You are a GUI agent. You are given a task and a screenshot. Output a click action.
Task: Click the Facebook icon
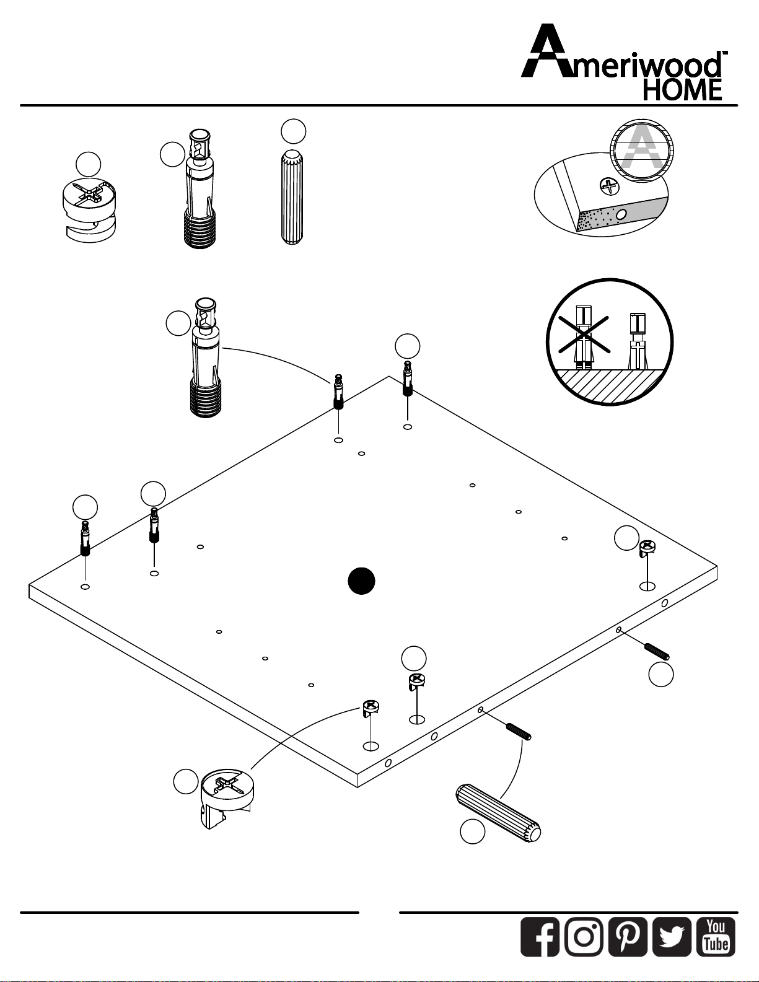[x=540, y=936]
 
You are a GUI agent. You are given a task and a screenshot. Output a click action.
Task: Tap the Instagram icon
[x=584, y=936]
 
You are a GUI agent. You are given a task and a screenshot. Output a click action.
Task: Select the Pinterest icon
[x=628, y=936]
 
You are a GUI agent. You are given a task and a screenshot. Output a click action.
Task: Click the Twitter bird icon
[x=672, y=936]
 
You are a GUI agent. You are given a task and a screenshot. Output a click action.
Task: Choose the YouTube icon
[x=716, y=936]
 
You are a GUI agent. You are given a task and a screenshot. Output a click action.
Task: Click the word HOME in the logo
[x=682, y=90]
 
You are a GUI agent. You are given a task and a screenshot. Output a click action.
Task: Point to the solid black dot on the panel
[x=361, y=581]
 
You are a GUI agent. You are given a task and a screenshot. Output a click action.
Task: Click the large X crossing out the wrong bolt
[x=583, y=340]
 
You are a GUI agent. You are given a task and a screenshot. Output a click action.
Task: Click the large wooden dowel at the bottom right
[x=499, y=813]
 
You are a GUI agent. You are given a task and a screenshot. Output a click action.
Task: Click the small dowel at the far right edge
[x=657, y=652]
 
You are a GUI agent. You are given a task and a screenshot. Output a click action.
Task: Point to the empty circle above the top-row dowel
[x=293, y=131]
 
